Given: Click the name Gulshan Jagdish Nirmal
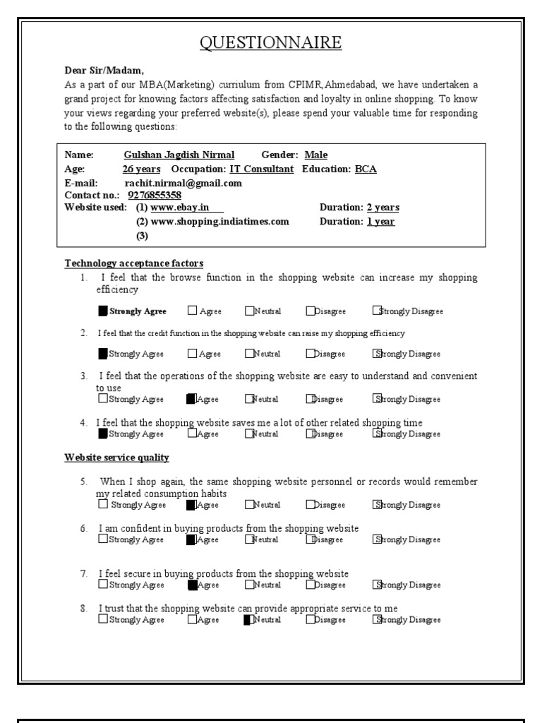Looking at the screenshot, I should [179, 155].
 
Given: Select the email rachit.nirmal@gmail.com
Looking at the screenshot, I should [183, 183].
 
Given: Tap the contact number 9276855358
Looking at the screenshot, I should [155, 196].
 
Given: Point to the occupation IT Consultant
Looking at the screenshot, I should [261, 169].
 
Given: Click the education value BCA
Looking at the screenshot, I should [366, 169].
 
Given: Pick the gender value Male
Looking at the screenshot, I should [315, 155].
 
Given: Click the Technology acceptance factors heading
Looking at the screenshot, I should [134, 263].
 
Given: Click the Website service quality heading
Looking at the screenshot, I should [117, 458].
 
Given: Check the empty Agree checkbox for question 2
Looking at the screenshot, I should [193, 354].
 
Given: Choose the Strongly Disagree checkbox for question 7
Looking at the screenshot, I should [378, 585].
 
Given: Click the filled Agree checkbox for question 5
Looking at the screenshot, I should [191, 505].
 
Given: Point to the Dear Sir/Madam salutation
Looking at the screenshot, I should [104, 71].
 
